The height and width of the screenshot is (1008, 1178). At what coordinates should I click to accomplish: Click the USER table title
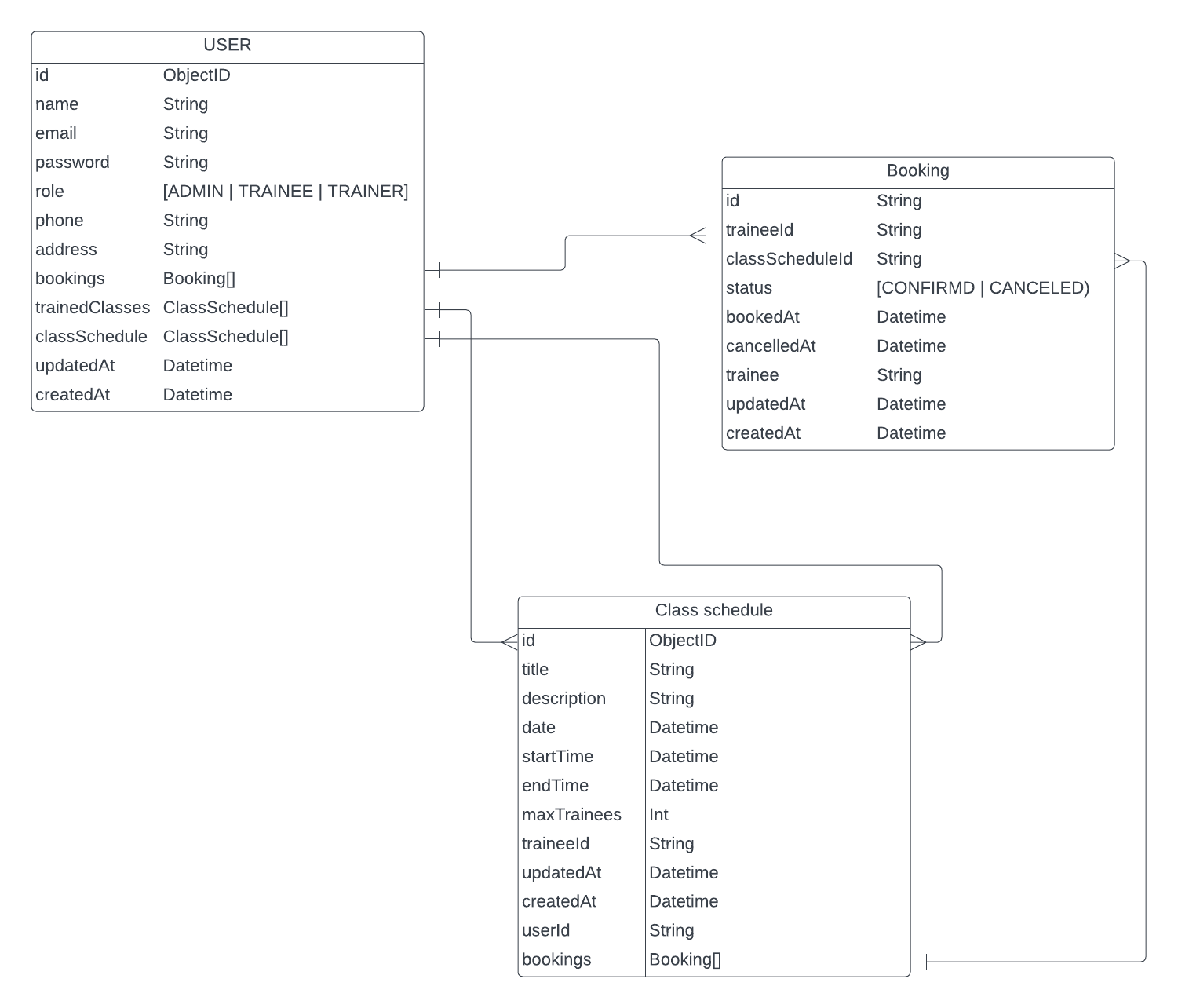227,46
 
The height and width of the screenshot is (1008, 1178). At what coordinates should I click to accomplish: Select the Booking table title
917,171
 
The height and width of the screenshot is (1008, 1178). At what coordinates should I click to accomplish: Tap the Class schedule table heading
713,611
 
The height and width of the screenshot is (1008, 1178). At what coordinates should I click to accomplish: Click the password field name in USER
72,163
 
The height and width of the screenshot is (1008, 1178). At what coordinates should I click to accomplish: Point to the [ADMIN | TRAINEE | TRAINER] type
286,192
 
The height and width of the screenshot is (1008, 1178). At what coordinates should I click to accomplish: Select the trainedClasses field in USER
93,308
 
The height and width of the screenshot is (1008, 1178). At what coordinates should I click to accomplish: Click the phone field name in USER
60,221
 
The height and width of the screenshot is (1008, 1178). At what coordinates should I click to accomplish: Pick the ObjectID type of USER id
197,75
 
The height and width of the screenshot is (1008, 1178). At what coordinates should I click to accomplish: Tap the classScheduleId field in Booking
789,259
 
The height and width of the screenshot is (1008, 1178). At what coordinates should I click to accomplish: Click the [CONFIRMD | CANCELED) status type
983,288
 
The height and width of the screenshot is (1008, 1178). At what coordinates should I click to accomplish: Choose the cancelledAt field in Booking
771,346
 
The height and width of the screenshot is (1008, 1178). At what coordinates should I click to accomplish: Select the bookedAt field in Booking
762,317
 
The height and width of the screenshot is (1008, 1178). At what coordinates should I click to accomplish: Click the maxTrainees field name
571,815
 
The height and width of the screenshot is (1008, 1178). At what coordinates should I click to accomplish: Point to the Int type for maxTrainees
658,815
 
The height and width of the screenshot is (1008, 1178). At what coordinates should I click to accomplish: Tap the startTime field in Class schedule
557,757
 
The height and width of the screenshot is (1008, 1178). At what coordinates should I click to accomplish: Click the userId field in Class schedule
545,931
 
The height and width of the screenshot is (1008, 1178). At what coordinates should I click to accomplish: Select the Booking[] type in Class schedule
684,960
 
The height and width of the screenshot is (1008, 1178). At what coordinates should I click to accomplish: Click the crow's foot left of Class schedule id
509,642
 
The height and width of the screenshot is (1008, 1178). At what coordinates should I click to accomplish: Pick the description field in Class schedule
563,699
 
